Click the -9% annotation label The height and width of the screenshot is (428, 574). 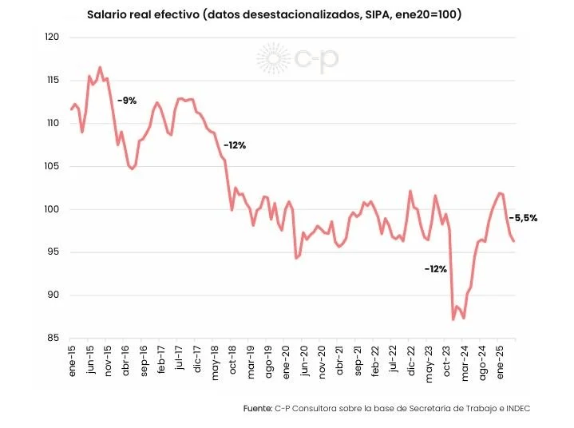[127, 101]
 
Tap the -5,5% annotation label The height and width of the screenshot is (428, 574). [523, 218]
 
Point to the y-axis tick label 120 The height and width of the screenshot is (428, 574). [52, 37]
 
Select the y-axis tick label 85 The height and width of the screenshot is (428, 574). [53, 338]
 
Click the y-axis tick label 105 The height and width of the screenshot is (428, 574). [52, 166]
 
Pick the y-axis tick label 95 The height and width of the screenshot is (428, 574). [53, 252]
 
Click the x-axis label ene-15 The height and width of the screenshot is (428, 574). [72, 361]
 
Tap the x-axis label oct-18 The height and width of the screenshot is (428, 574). [233, 359]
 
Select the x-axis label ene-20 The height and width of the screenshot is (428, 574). [287, 362]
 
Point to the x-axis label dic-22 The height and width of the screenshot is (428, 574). [411, 361]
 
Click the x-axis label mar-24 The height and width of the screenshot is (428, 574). [465, 363]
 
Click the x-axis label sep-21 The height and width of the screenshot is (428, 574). [358, 361]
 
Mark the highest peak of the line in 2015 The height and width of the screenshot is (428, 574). [100, 67]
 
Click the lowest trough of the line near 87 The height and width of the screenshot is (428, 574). [453, 319]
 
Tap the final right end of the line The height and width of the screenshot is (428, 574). [514, 241]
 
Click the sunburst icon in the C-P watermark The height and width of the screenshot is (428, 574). [273, 58]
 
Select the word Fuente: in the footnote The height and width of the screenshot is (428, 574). [258, 408]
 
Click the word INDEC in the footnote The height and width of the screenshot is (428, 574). [518, 408]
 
